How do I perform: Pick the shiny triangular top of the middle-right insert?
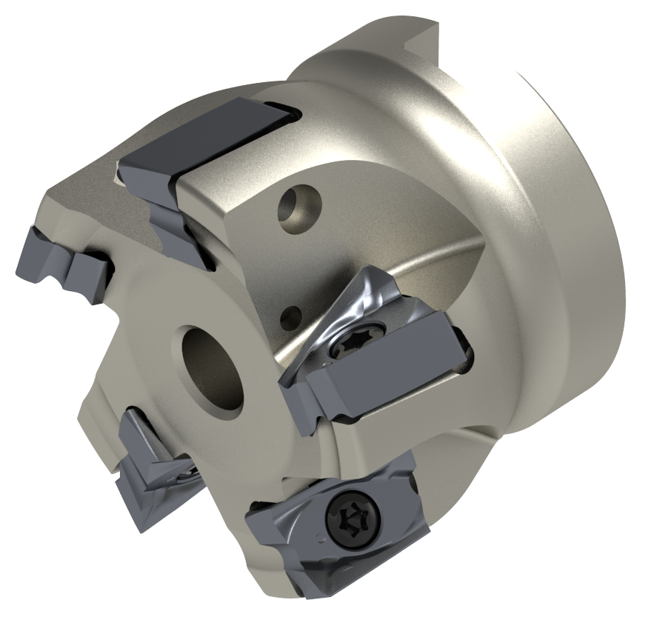355,296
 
